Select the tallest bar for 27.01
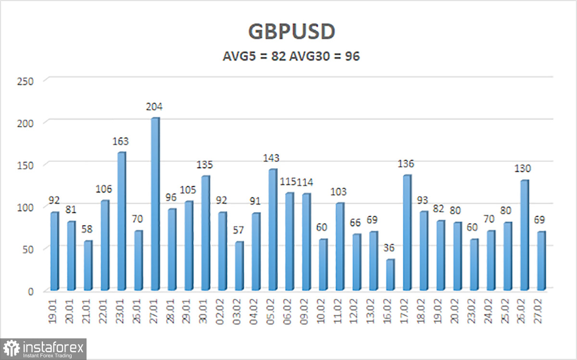coord(155,204)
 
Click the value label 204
coord(155,107)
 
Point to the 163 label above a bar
coord(121,141)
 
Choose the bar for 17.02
coord(406,233)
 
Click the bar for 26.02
coord(524,235)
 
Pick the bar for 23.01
coord(121,221)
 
